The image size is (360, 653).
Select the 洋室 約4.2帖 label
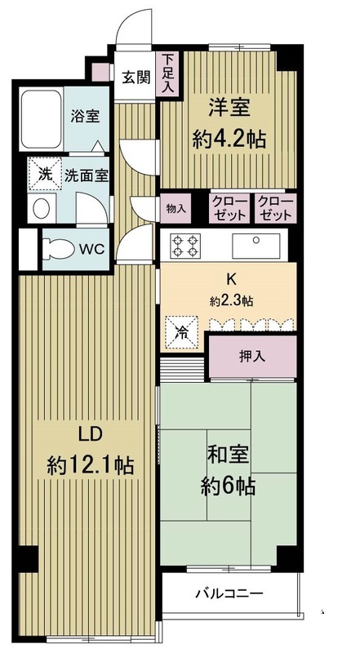[x=229, y=122]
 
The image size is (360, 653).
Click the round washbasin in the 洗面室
[x=42, y=208]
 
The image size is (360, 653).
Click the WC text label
[x=91, y=248]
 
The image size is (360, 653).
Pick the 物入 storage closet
[x=177, y=208]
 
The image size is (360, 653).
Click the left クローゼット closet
[x=229, y=208]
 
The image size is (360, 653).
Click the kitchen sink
[x=257, y=244]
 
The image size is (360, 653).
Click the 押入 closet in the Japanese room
[x=251, y=357]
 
